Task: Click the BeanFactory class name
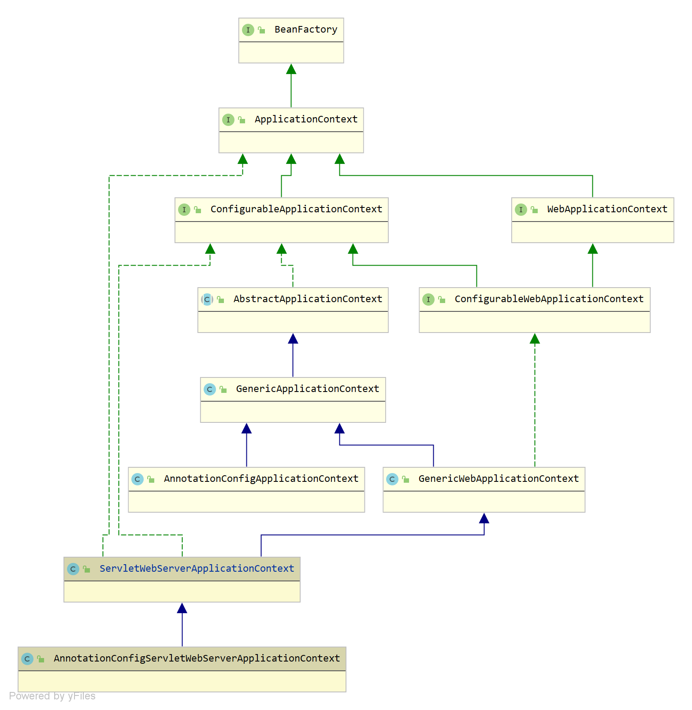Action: [x=306, y=30]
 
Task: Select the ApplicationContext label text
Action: [x=306, y=119]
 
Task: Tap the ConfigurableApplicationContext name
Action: [x=296, y=209]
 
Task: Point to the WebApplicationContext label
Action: [x=607, y=209]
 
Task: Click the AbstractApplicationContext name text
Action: [x=308, y=299]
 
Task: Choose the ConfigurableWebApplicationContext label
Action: [x=549, y=299]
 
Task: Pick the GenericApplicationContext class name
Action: [x=308, y=389]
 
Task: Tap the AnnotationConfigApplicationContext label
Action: [x=261, y=479]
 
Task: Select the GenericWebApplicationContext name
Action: [x=499, y=479]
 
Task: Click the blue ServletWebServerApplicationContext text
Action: [x=197, y=569]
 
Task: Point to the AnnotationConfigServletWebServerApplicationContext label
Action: [x=197, y=658]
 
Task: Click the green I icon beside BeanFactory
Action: [x=248, y=30]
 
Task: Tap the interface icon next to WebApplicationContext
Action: [x=521, y=210]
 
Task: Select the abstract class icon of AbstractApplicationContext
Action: [x=207, y=300]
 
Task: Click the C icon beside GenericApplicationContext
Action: [x=210, y=389]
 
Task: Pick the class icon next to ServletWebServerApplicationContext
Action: [x=73, y=569]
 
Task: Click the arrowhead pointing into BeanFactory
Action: [x=291, y=69]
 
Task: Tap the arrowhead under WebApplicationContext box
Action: [x=593, y=248]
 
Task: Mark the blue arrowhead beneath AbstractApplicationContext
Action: [x=293, y=338]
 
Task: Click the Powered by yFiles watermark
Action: [x=52, y=696]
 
